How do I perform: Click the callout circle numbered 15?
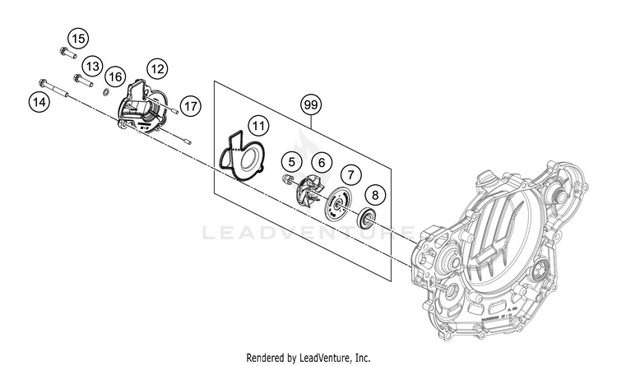coord(77,38)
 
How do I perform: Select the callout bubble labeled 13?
coord(92,66)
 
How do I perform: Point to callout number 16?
coord(115,77)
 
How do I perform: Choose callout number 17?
coord(190,105)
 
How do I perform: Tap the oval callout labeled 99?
coord(311,104)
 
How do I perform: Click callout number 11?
coord(258,126)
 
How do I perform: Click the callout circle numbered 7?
coord(351,174)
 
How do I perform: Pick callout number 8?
coord(375,195)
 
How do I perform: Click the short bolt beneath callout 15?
coord(67,54)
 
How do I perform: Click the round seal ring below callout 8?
coord(368,218)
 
